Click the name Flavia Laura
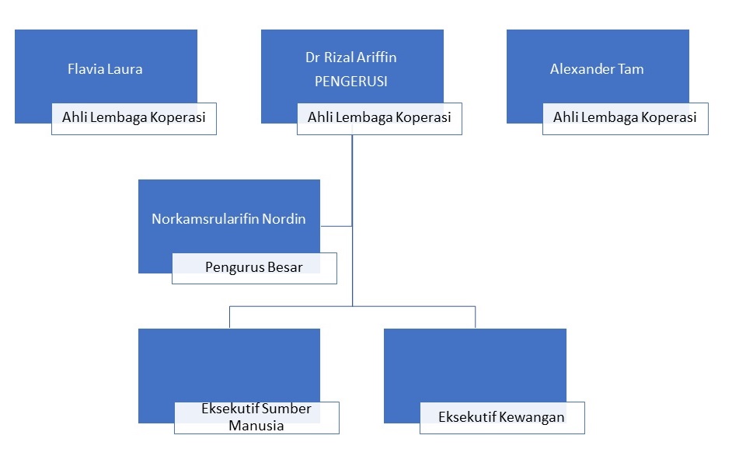click(x=105, y=69)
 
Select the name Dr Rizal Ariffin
click(x=351, y=57)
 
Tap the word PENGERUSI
click(x=351, y=81)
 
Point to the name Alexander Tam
click(x=597, y=69)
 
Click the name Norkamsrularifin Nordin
click(x=228, y=219)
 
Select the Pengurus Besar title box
click(x=254, y=268)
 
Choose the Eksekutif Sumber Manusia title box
click(x=256, y=417)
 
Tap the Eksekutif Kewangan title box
click(x=502, y=417)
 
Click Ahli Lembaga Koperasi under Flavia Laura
click(x=134, y=118)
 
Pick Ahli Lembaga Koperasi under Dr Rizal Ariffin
click(x=379, y=118)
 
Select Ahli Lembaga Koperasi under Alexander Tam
click(x=625, y=118)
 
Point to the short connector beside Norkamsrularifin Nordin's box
click(x=336, y=226)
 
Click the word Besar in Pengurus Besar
click(x=284, y=268)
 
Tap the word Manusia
click(x=256, y=426)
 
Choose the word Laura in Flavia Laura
click(x=125, y=69)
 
